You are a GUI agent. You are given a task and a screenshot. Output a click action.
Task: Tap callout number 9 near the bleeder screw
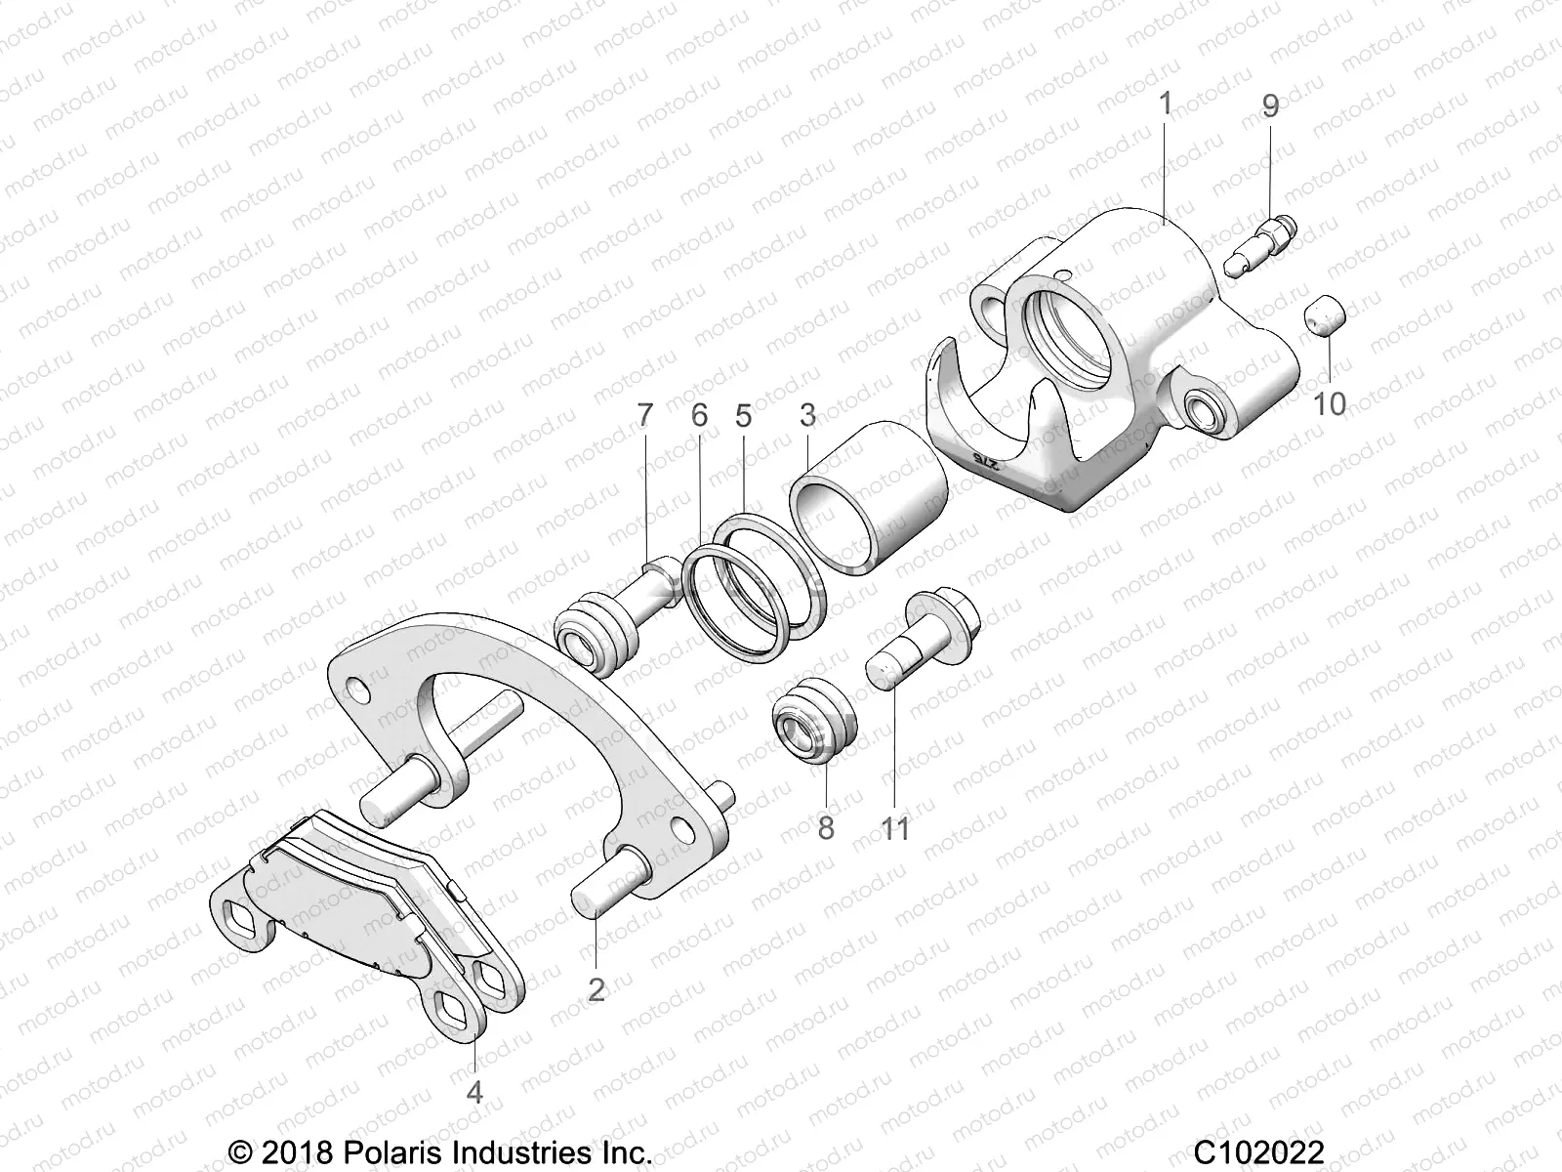(1269, 105)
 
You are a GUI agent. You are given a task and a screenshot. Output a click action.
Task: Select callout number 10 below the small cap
(1330, 402)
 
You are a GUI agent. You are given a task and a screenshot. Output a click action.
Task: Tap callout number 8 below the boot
(826, 828)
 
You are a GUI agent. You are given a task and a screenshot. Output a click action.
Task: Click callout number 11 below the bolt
(894, 828)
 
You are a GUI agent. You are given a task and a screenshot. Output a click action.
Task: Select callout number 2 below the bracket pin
(596, 988)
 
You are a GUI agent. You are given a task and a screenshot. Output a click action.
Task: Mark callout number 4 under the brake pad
(474, 1091)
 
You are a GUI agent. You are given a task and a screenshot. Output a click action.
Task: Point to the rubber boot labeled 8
(817, 732)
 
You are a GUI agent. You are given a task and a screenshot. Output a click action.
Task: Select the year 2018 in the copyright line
(296, 1152)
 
